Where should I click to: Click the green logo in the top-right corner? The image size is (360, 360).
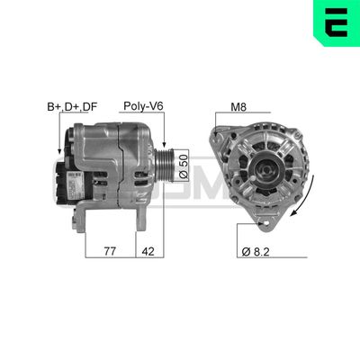coord(334,24)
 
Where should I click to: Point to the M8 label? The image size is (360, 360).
coord(238,106)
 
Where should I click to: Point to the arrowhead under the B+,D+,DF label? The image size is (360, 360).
coord(59,150)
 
